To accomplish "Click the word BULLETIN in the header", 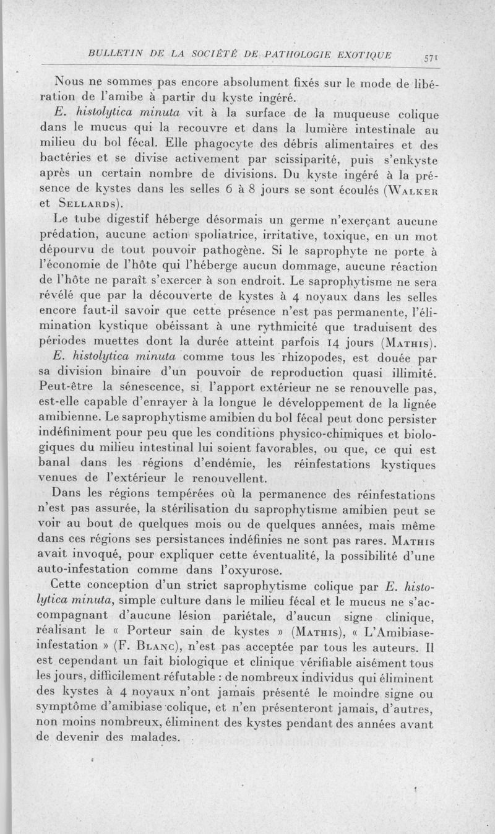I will pos(114,54).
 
